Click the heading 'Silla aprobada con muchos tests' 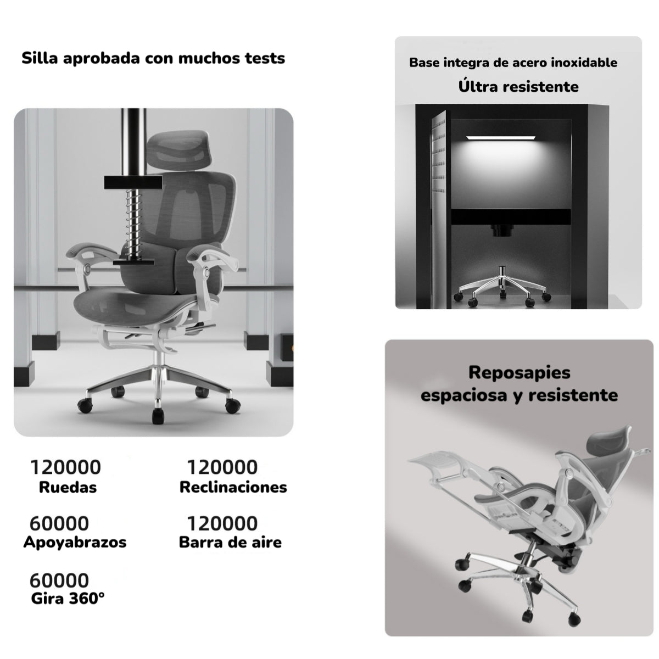tap(153, 58)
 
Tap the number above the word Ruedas tap(65, 467)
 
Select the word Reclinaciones tap(233, 487)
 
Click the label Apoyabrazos tap(75, 542)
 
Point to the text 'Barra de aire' tap(230, 542)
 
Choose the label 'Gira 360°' tap(68, 598)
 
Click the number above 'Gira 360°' tap(59, 580)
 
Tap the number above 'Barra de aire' tap(222, 523)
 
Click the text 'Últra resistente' tap(518, 86)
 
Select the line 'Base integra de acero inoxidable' tap(513, 63)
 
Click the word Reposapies tap(519, 372)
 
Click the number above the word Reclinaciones tap(222, 467)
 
